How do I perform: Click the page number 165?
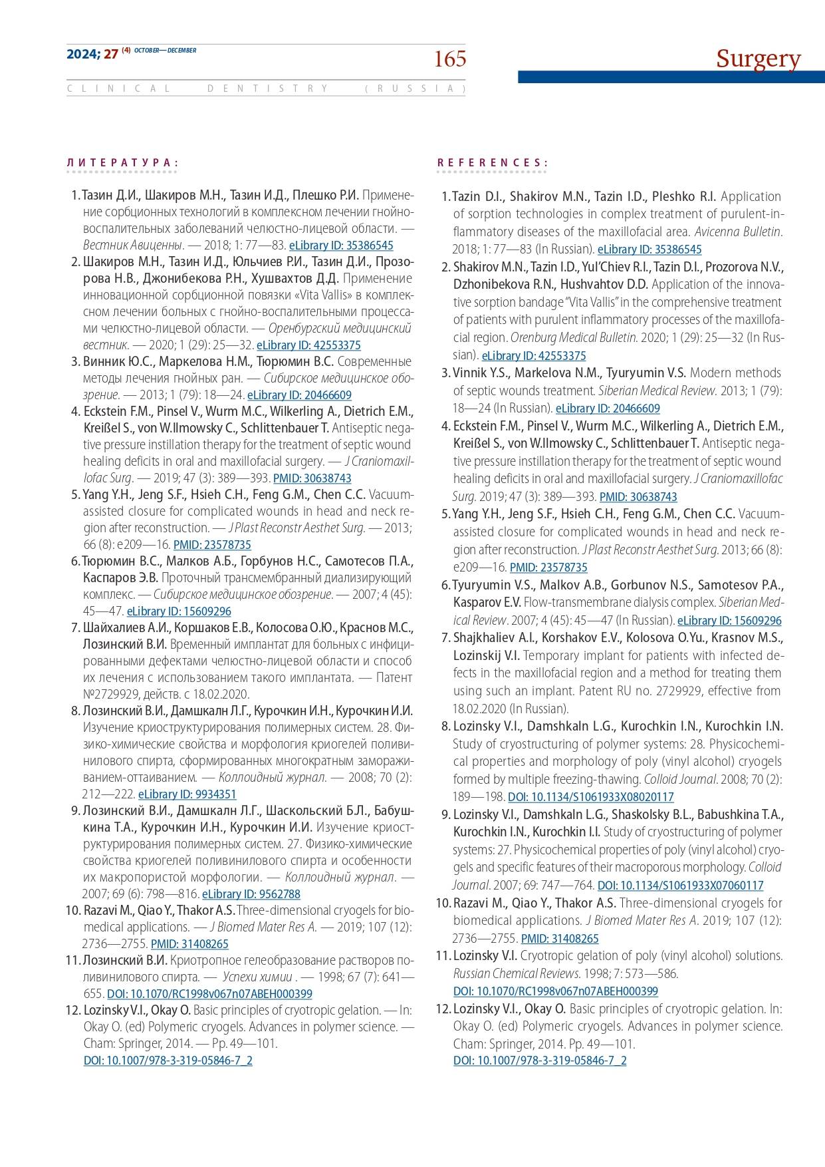pos(449,60)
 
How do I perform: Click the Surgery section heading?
pos(758,59)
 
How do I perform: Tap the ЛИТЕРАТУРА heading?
pos(122,162)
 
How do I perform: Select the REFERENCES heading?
pos(493,162)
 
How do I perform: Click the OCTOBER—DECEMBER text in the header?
pos(166,51)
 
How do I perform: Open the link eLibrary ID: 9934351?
pos(187,794)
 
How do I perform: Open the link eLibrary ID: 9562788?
pos(251,894)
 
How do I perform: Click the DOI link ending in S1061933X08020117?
pos(590,796)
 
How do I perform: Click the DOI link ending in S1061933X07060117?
pos(680,885)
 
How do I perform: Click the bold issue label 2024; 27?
pos(92,55)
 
